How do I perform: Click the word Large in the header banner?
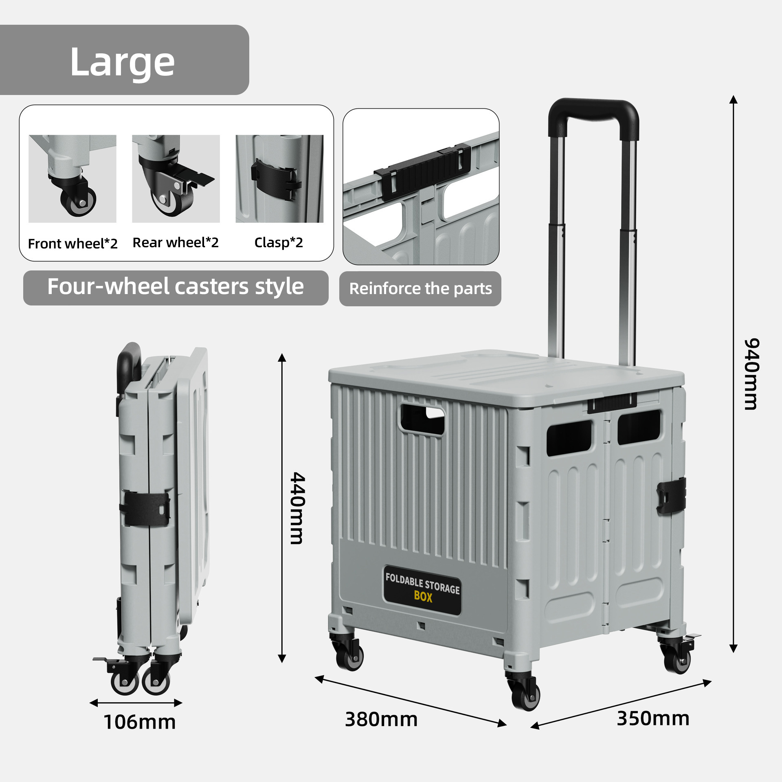coord(122,62)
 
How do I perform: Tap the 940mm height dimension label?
coord(751,373)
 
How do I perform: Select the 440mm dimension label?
coord(297,508)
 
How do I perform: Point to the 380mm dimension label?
coord(381,719)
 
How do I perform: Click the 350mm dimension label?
coord(653,718)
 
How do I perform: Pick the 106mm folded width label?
coord(140,722)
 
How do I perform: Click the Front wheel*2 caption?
coord(72,244)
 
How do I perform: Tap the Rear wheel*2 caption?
coord(176,243)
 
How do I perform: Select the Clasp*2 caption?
coord(279,243)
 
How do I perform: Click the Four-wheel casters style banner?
coord(176,287)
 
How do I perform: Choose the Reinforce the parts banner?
coord(420,289)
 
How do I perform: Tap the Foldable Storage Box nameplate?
coord(422,589)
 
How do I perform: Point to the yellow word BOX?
coord(423,597)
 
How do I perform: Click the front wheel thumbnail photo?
coord(72,179)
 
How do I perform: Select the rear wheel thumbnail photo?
coord(176,179)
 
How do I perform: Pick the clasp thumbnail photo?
coord(279,179)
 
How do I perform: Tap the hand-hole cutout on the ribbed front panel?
coord(422,419)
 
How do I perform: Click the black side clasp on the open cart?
coord(671,495)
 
